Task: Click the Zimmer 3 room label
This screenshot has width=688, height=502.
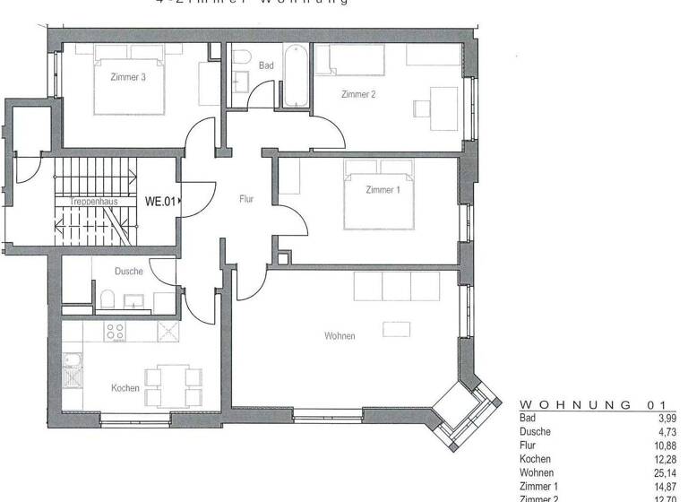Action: [128, 78]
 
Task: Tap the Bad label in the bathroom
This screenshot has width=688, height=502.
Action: [266, 65]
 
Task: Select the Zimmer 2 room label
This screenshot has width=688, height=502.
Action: [358, 94]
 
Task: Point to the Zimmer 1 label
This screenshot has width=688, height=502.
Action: [383, 190]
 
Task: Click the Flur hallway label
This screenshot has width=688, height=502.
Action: [246, 200]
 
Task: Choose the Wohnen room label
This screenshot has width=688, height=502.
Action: [340, 336]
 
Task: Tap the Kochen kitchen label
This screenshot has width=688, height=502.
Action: [125, 388]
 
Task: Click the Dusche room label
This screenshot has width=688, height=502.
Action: [129, 271]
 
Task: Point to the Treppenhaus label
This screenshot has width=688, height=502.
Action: [94, 202]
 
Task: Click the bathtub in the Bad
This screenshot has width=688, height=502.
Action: [296, 76]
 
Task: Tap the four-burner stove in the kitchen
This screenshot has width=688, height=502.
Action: [115, 331]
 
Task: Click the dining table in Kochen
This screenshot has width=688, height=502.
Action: [168, 385]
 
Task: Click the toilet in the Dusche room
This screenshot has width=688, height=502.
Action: [105, 299]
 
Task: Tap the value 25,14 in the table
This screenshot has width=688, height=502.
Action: [666, 472]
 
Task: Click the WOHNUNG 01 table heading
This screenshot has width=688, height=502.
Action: [592, 405]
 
